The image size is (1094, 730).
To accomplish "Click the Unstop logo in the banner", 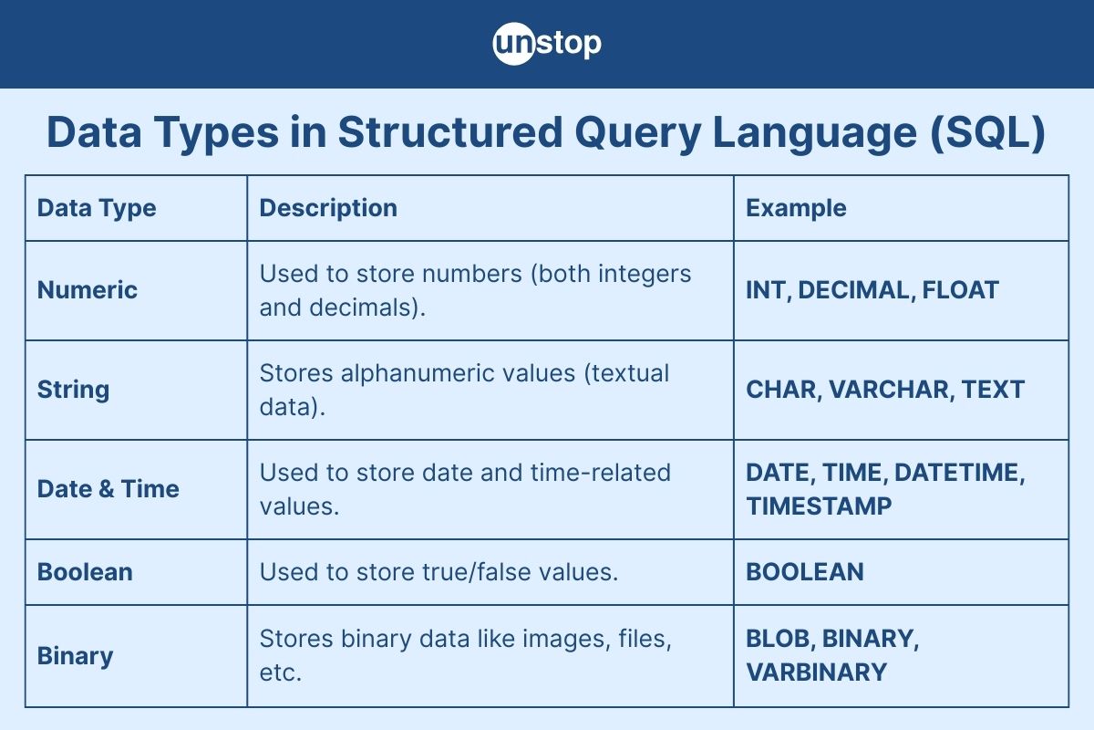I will pos(547,44).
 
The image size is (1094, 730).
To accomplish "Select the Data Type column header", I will pos(97,208).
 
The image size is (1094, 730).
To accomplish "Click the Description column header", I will pos(328,208).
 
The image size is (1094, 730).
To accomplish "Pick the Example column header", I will pos(796,208).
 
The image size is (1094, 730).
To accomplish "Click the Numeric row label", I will pos(88,290).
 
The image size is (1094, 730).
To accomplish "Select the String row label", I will pos(73,390).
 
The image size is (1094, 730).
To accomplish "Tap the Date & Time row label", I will pos(108,489).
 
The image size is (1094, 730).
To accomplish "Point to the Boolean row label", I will pos(85,572).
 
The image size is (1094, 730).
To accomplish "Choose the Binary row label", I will pos(75,656).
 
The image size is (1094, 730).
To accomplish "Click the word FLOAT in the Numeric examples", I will pos(960,290).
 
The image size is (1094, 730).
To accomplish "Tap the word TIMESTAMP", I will pos(819,506).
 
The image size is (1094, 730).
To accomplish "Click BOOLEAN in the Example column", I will pos(805,572).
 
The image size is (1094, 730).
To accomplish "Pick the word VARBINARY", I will pos(816,673).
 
